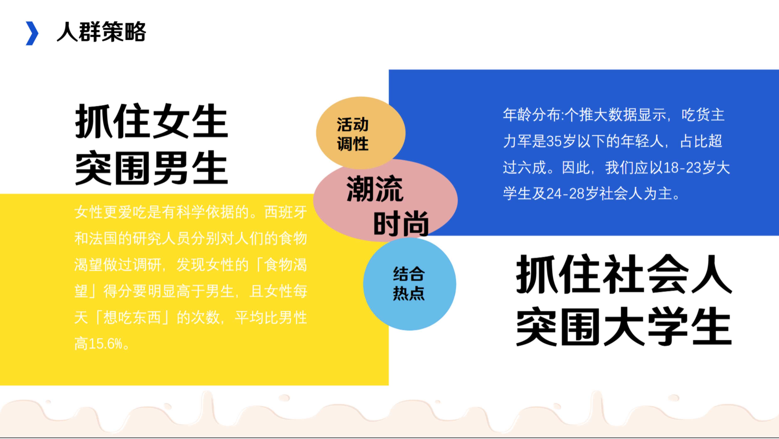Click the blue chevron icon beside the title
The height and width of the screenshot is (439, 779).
tap(32, 33)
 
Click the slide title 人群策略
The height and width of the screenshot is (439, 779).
tap(101, 32)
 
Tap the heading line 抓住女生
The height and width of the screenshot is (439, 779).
tap(151, 121)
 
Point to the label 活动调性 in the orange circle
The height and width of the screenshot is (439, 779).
tap(353, 134)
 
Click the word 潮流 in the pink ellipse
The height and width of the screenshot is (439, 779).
tap(375, 189)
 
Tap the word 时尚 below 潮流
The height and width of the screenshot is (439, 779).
tap(401, 224)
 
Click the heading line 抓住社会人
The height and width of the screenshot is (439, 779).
tap(624, 274)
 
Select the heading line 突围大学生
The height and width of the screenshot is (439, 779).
tap(624, 326)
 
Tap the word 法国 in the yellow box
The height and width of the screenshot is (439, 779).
tap(103, 239)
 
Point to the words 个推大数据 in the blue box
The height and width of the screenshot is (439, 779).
tap(601, 115)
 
